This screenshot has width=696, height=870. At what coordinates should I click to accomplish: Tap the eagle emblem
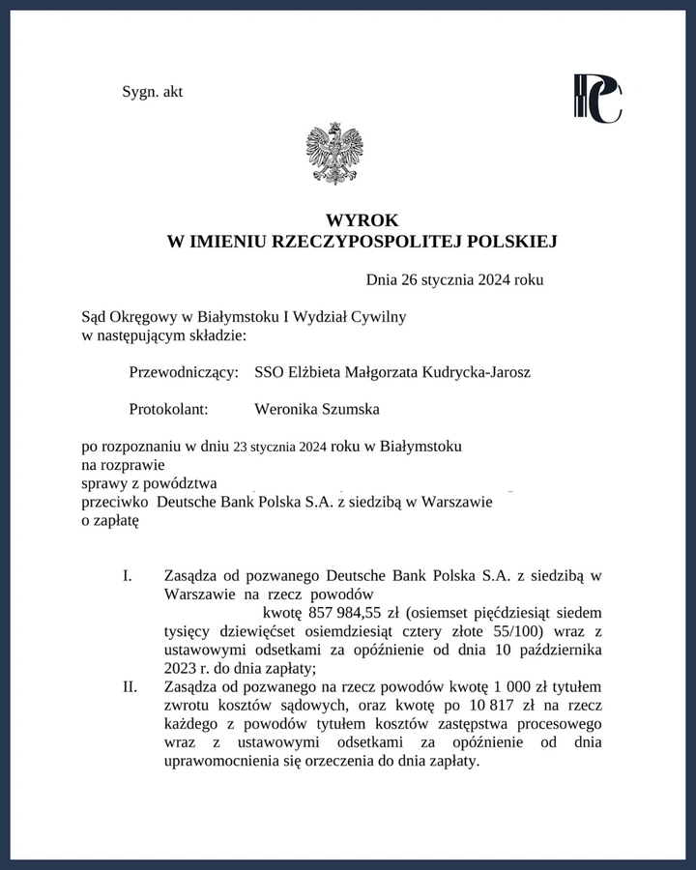click(334, 153)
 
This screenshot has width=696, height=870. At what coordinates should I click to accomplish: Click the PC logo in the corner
click(597, 99)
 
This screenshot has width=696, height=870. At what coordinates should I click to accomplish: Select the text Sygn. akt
click(153, 92)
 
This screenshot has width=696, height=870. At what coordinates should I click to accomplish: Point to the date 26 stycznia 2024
click(456, 280)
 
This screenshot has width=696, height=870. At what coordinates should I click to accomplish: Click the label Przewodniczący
click(183, 372)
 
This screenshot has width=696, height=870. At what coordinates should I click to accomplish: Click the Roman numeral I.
click(127, 576)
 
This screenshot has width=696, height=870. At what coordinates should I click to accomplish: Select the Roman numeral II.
click(127, 686)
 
